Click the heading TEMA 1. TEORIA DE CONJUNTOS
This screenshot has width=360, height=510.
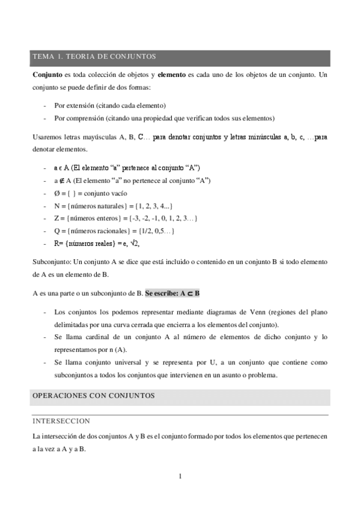pyautogui.click(x=94, y=57)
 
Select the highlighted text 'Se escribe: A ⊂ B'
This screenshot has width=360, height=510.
pyautogui.click(x=172, y=293)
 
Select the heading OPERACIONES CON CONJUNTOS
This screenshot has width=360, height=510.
pyautogui.click(x=93, y=396)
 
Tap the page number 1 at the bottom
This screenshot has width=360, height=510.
pyautogui.click(x=180, y=477)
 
